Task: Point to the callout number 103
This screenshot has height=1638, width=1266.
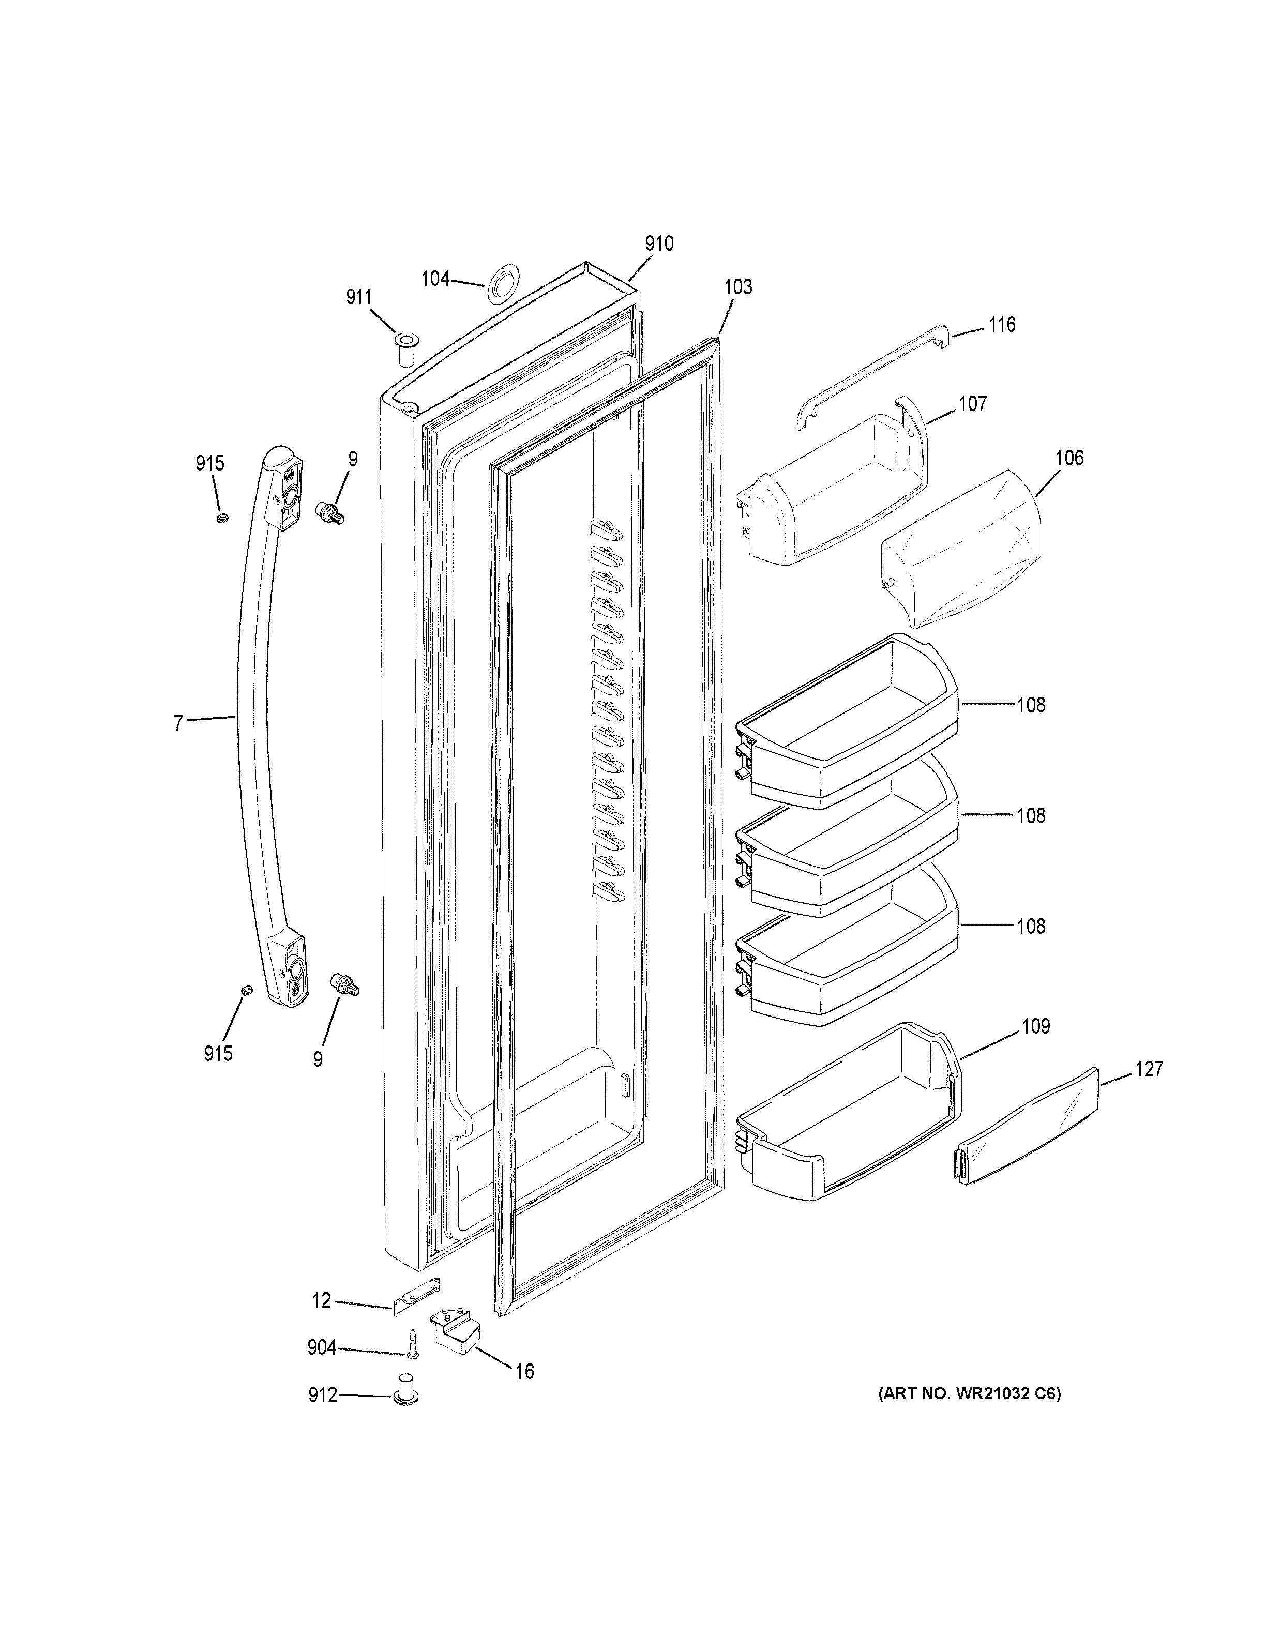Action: [738, 286]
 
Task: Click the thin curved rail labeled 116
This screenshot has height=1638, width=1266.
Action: [870, 377]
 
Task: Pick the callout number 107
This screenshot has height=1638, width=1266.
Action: [972, 404]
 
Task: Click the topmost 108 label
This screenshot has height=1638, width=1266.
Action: [1031, 705]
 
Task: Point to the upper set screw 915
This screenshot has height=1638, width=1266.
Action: [222, 518]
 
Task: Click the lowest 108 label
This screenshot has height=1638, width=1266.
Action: [1031, 926]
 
